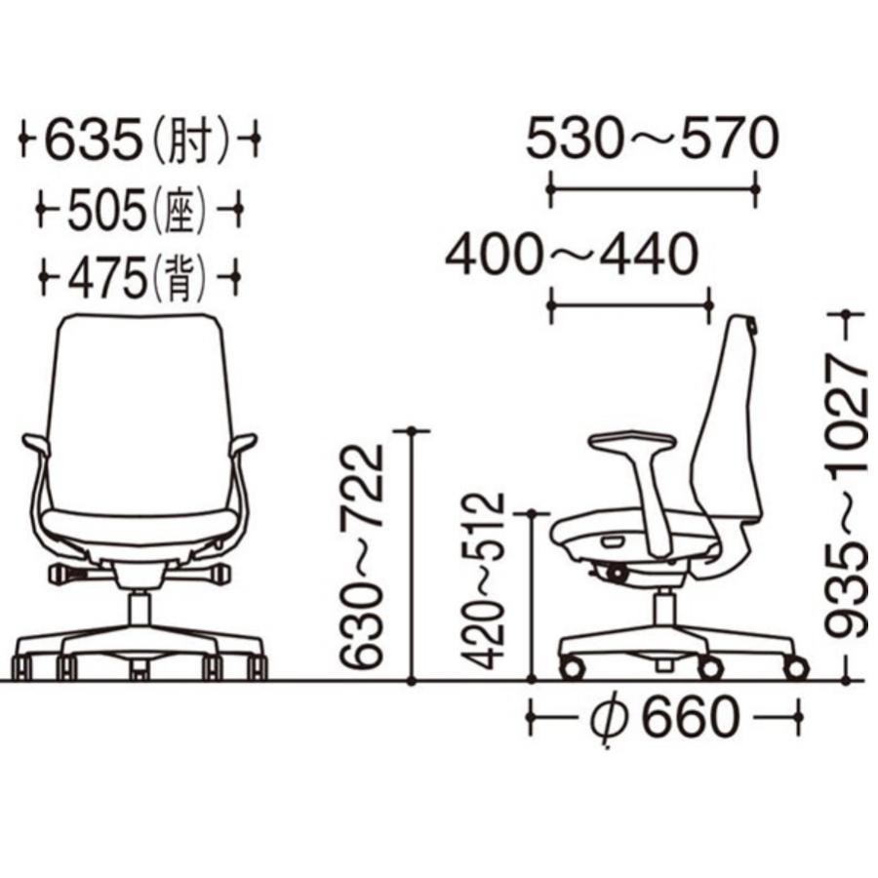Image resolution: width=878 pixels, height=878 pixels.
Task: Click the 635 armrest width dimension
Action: coord(93,141)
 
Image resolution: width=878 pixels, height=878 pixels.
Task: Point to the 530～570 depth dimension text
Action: coord(652,140)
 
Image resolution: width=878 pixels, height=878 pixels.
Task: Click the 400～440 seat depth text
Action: coord(572,256)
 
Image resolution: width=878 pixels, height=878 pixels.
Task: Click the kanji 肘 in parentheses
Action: coord(192,142)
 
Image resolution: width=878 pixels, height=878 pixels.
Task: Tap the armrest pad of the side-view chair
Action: coord(632,442)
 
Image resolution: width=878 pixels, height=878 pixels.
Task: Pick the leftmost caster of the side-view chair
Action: coord(571,669)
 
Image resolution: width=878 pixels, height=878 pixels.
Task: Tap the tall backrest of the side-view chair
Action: coord(732,419)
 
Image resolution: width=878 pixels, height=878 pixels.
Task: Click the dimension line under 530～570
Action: coord(652,184)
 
